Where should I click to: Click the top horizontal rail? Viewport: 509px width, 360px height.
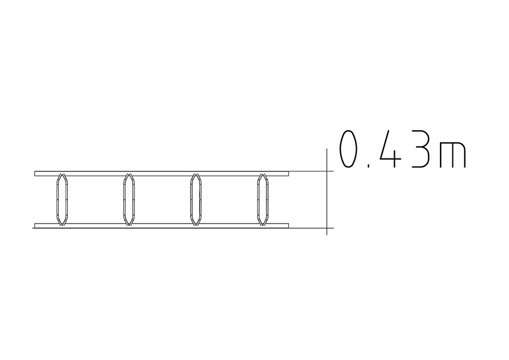(162, 174)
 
